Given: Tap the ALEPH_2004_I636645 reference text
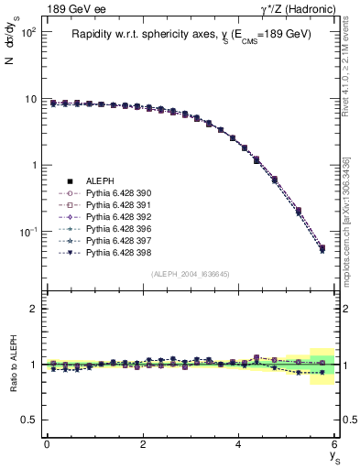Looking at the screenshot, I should coord(191,273).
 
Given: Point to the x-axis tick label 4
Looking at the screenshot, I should coord(239,444).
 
